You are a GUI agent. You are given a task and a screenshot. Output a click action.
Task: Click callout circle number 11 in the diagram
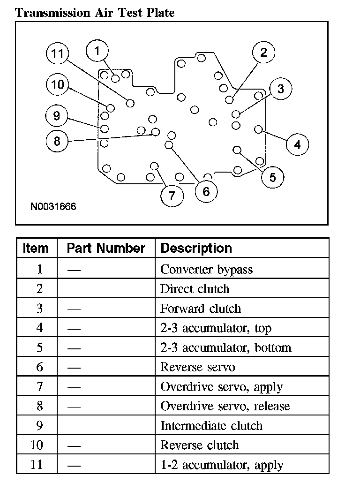pos(57,53)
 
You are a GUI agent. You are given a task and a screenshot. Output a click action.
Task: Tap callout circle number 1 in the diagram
pos(97,51)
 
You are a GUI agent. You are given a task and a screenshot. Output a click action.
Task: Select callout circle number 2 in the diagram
pos(263,53)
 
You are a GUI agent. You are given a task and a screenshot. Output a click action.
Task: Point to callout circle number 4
pos(297,144)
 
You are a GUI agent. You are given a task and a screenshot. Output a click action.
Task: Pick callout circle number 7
pos(172,196)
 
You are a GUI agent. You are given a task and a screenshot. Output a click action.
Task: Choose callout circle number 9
pos(57,115)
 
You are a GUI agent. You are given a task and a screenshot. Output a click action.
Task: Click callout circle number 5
pos(273,177)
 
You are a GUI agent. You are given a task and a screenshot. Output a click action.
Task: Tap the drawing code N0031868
pos(53,206)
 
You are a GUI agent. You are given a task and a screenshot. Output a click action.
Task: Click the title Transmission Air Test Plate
pos(95,13)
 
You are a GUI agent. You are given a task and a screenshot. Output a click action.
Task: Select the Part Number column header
pos(106,248)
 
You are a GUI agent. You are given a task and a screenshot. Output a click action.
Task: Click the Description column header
pos(196,248)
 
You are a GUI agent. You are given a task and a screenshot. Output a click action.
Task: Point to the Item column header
pos(36,248)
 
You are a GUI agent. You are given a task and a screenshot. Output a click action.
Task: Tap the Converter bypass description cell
pos(206,270)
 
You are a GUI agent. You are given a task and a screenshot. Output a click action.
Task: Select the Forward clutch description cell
pos(200,309)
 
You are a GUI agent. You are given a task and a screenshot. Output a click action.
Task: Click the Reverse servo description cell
pos(197,367)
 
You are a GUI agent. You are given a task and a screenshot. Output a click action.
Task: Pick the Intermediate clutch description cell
pos(211,426)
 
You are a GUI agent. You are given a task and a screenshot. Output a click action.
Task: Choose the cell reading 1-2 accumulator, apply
pos(222,465)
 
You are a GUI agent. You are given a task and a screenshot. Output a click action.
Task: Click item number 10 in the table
pos(36,445)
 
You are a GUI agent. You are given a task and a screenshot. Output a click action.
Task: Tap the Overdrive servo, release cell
pos(225,406)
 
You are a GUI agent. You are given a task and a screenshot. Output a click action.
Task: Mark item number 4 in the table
pos(39,328)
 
